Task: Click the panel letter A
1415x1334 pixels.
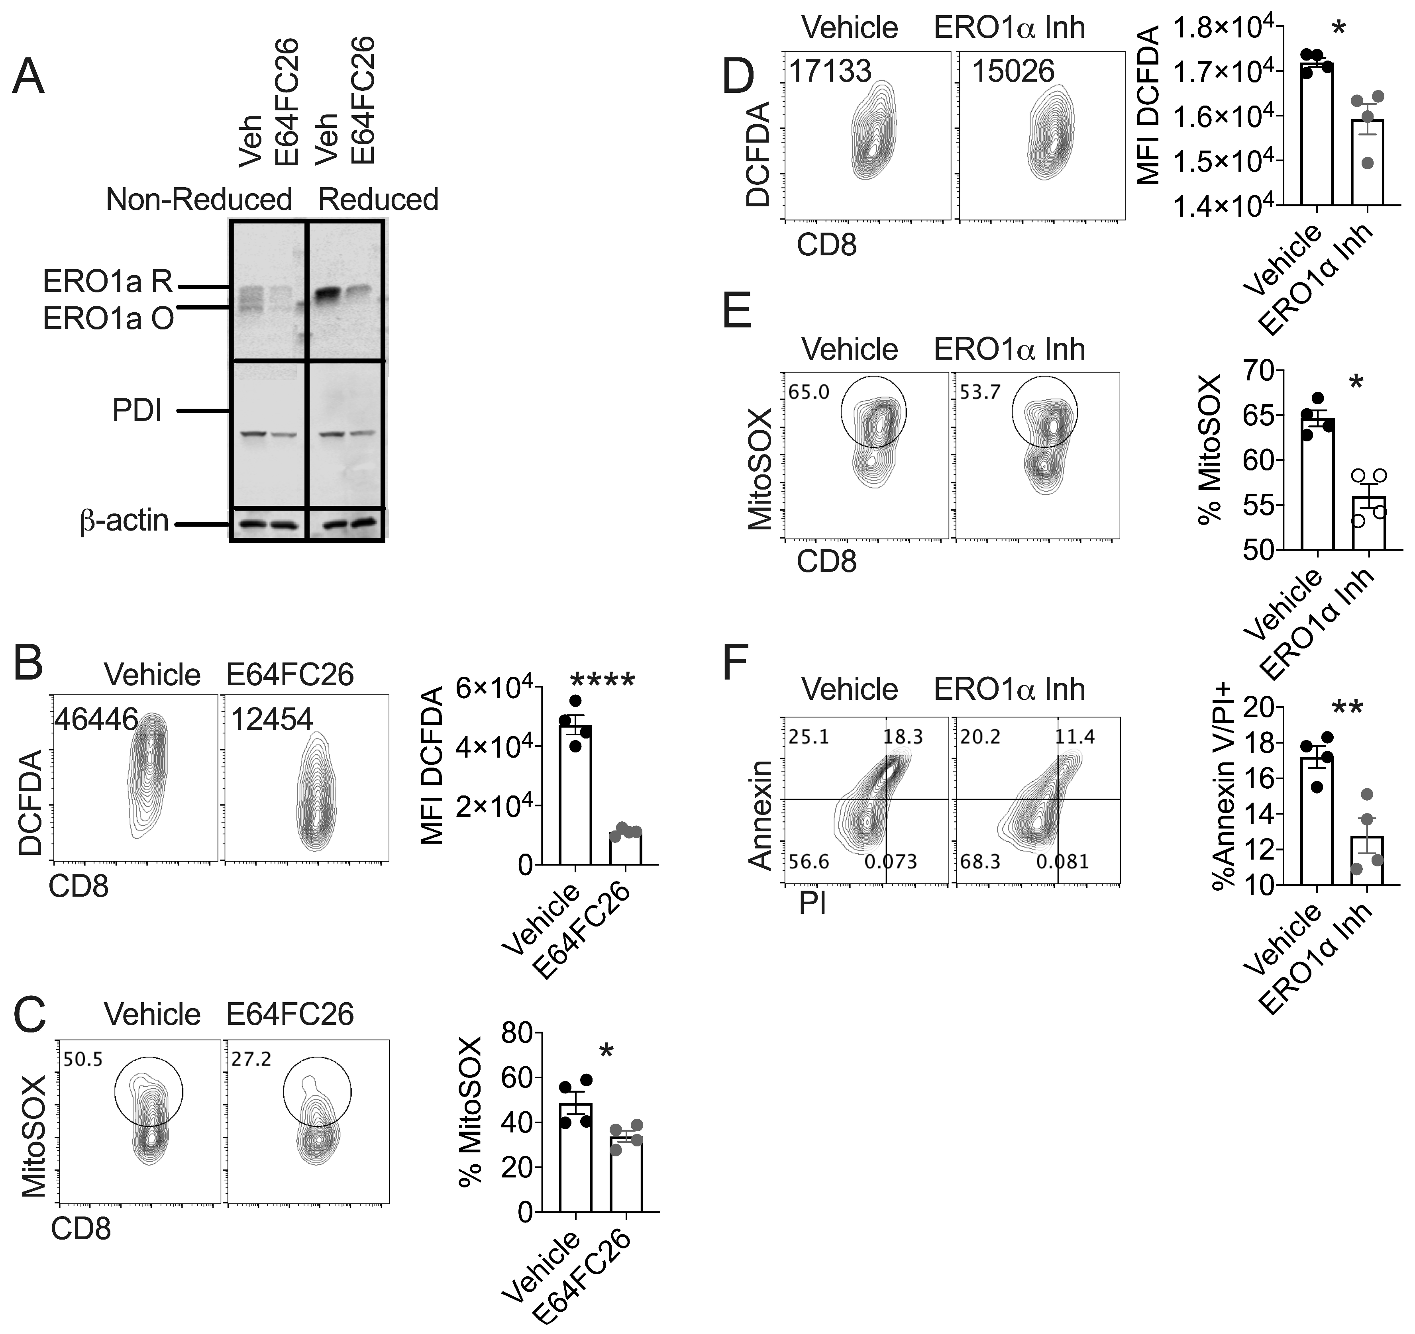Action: [x=28, y=77]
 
